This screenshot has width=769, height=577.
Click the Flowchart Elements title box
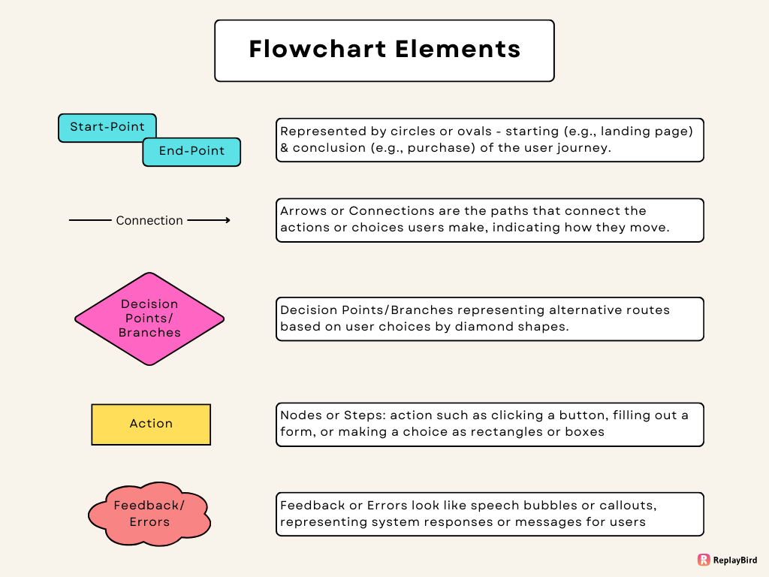[384, 50]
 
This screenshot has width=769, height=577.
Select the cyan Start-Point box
[107, 127]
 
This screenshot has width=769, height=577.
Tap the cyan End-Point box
[191, 151]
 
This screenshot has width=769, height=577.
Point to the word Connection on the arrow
[149, 220]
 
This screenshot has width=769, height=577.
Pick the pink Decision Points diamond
[149, 319]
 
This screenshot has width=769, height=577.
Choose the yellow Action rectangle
[151, 424]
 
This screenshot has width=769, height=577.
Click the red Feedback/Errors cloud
[149, 514]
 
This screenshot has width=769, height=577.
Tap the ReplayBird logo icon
[704, 560]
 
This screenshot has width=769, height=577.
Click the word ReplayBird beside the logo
[736, 560]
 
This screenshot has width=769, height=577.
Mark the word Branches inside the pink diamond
[149, 332]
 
